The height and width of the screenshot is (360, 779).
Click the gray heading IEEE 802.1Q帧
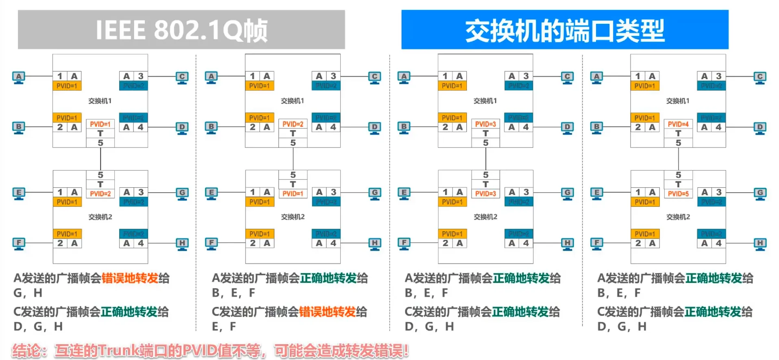tap(181, 30)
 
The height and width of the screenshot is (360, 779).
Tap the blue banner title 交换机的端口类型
tap(564, 30)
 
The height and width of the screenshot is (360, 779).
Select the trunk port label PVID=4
tap(678, 124)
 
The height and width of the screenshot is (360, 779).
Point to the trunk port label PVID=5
tap(678, 194)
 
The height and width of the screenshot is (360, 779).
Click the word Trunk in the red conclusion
tap(118, 350)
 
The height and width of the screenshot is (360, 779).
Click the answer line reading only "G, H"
tap(28, 293)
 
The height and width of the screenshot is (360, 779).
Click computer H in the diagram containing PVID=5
tap(760, 244)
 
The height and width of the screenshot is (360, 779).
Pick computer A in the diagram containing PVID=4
tap(596, 77)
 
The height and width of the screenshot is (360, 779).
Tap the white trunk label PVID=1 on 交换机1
tap(100, 124)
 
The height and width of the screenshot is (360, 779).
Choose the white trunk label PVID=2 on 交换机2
tap(100, 194)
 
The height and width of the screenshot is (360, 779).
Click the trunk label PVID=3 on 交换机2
tap(485, 194)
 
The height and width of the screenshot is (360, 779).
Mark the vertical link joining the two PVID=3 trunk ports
tap(485, 158)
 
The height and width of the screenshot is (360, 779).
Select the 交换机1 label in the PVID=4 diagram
tap(678, 101)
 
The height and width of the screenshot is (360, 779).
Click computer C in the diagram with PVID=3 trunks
tap(567, 77)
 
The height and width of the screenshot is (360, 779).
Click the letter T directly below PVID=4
tap(678, 133)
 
